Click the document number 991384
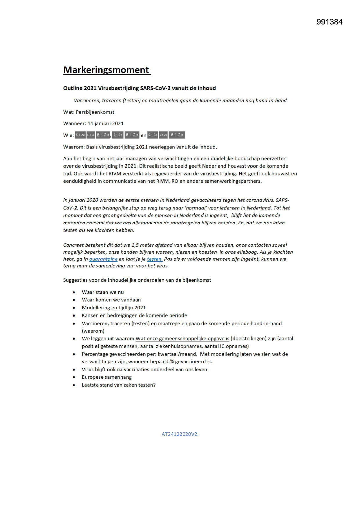pos(329,22)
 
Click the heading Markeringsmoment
pos(106,70)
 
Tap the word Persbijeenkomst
pos(95,112)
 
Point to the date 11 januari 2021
pos(106,124)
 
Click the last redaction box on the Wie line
pos(177,135)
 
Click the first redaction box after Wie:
pos(80,135)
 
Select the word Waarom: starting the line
pos(74,147)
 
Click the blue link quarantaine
pos(103,259)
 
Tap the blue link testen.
pos(155,259)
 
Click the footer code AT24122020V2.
pos(180,434)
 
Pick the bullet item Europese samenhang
pos(107,377)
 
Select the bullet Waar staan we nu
pos(103,292)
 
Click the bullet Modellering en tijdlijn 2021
pos(114,308)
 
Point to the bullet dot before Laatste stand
pos(74,385)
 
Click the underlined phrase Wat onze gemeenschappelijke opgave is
pos(182,339)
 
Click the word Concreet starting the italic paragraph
pos(74,245)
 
